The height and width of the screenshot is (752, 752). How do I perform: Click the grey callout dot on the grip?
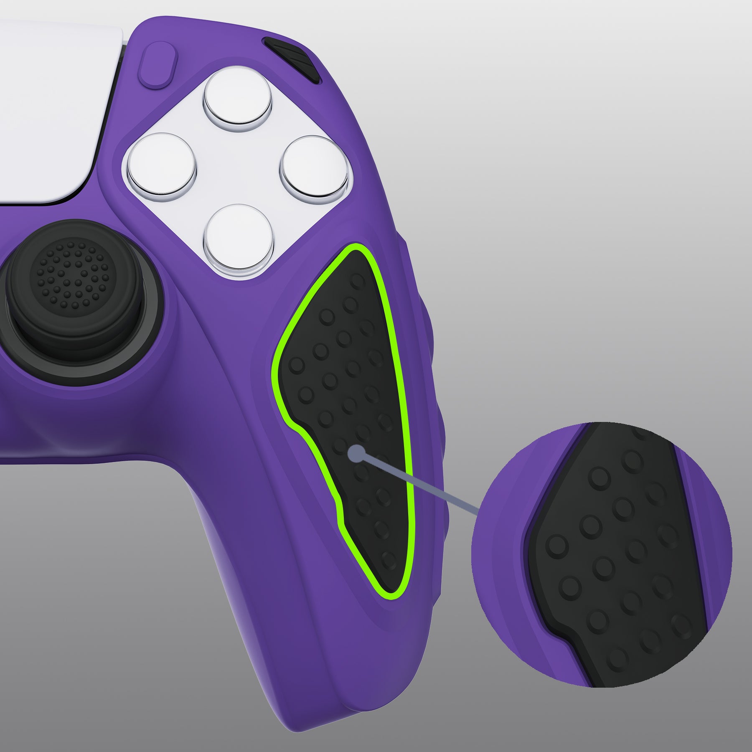pos(356,452)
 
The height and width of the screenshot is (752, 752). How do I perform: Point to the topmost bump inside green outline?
pos(358,282)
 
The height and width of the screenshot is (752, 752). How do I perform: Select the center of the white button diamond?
pos(238,165)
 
